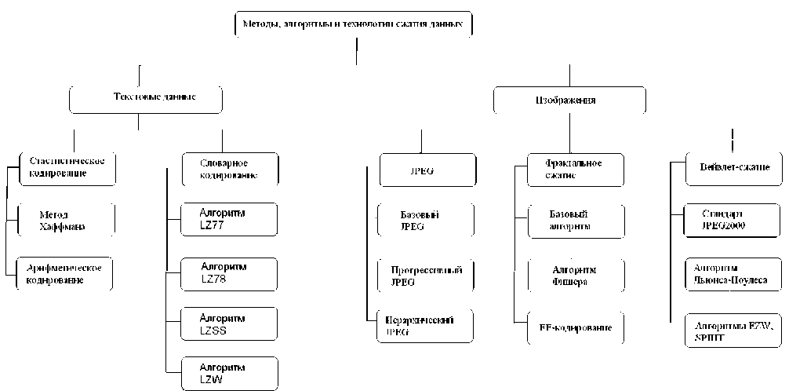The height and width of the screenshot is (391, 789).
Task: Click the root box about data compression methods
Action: [x=354, y=25]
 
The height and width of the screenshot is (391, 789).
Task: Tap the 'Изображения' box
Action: [x=569, y=100]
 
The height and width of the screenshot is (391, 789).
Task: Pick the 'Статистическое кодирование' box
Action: [x=67, y=166]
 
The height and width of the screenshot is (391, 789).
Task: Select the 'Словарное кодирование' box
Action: [x=230, y=169]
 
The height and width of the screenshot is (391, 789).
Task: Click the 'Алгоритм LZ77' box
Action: [x=229, y=220]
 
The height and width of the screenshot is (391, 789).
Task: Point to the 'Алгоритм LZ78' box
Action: [x=229, y=273]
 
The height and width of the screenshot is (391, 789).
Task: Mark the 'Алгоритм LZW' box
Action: [x=229, y=372]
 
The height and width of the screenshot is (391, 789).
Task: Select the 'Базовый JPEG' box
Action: [x=425, y=220]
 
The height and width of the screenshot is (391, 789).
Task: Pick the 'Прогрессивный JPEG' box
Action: [x=425, y=275]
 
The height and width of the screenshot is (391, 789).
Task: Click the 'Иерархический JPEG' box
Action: [x=425, y=326]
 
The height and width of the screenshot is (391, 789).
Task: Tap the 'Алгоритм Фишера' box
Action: [x=576, y=275]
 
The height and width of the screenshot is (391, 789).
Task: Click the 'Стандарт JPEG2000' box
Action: [x=733, y=220]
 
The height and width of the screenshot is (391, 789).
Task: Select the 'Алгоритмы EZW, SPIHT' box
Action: [x=733, y=329]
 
